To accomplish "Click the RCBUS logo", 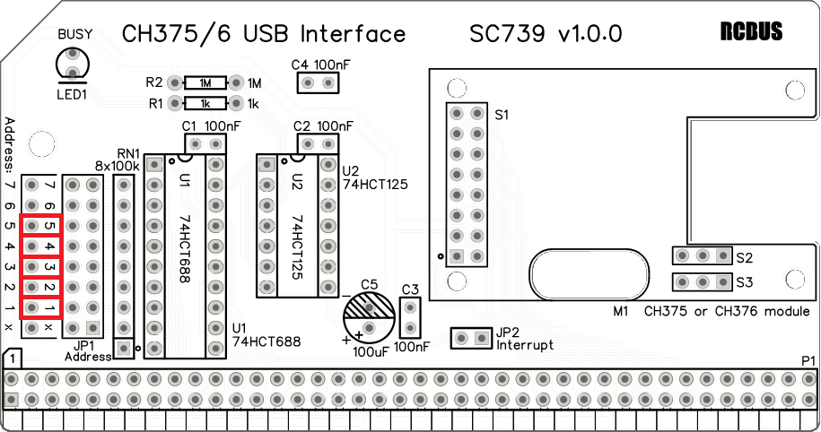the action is (751, 31).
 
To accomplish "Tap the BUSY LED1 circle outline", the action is (57, 63).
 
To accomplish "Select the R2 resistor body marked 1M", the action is (205, 82).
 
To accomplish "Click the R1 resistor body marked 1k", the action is (205, 104).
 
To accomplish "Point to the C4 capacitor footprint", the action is (319, 82).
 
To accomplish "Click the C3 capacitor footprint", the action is (411, 317).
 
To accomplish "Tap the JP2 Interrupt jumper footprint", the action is (472, 338).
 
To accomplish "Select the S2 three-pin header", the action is (703, 255).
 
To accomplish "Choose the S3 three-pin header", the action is (703, 282).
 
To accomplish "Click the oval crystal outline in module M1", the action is (589, 273).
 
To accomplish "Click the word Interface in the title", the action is (353, 34).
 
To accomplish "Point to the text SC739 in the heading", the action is (507, 34).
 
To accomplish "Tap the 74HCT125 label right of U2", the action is (375, 185).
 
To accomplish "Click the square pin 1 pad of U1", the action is (154, 165).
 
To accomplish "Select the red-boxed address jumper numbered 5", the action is (41, 226).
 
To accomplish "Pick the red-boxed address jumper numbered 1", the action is (41, 307).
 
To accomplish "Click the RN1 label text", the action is (128, 154).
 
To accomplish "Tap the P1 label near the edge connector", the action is (808, 361).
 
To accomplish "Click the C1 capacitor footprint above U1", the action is (205, 143).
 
